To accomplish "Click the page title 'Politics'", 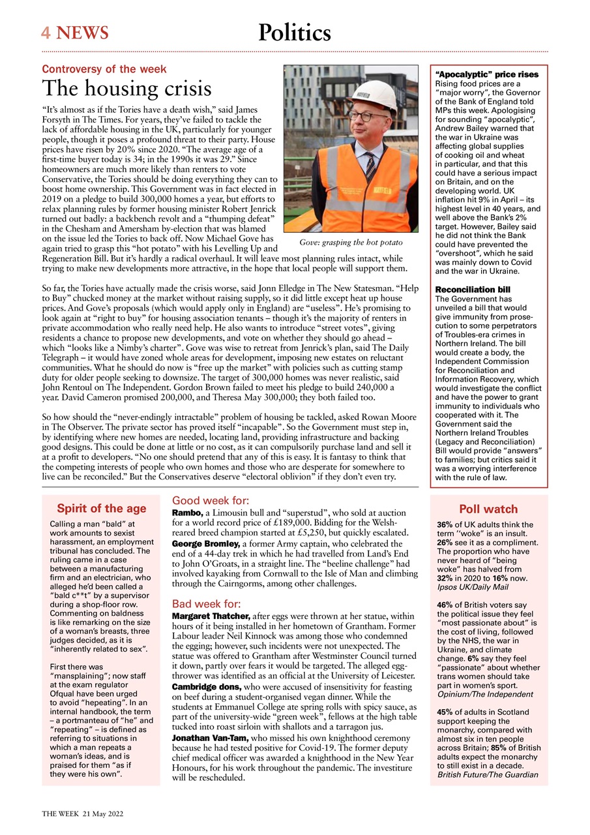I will coord(294,33).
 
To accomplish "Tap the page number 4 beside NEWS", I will coord(46,33).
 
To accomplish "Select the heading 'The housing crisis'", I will coord(126,88).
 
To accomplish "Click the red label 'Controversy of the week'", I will coord(104,69).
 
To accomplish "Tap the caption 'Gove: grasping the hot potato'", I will coord(351,243).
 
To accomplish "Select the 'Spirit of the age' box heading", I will coord(101,509).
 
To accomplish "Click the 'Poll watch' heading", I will coord(488,509).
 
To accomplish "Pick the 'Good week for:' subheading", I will coord(210,501).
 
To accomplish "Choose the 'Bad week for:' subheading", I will coord(206,603).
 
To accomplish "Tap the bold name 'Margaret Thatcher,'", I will coord(211,616).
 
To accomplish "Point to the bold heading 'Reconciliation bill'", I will coord(473,289).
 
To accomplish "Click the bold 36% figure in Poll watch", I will coord(445,524).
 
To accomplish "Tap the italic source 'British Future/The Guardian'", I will coord(488,774).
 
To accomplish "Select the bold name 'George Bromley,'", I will coord(206,543).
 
